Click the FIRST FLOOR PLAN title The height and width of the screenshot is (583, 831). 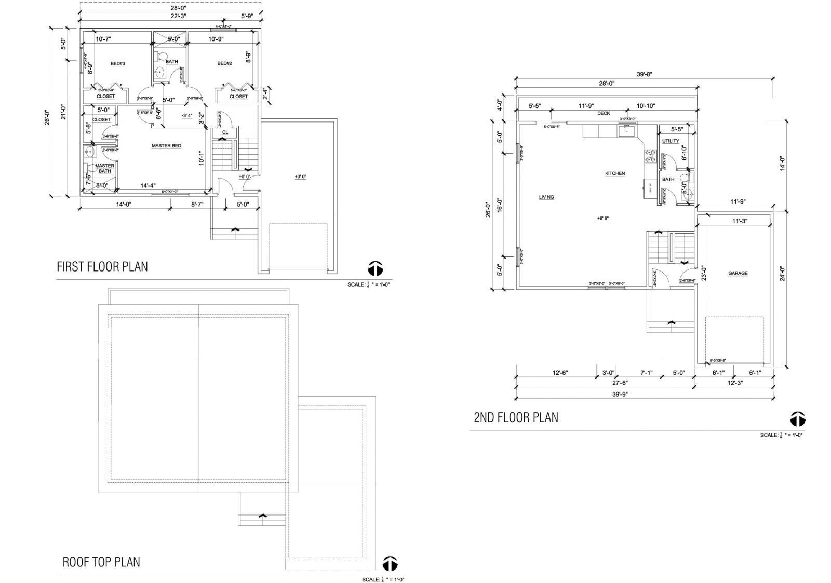[x=102, y=267]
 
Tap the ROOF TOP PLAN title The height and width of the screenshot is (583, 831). [x=101, y=562]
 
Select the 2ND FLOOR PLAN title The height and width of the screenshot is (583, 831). [x=516, y=417]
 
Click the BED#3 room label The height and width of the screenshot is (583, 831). [x=118, y=64]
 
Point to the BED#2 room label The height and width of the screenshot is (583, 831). [x=224, y=64]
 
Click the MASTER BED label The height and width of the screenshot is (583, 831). [x=166, y=146]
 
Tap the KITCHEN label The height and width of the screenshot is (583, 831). [x=614, y=173]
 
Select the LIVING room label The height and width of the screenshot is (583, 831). [x=546, y=197]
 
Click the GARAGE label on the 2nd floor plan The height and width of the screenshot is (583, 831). [x=738, y=273]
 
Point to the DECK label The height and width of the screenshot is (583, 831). [x=603, y=113]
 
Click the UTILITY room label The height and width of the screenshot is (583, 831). [x=671, y=141]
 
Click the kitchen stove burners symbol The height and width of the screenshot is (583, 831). [x=650, y=155]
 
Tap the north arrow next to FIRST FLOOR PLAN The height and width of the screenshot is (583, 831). [x=376, y=268]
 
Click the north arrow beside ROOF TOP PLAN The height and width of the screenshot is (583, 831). [x=390, y=563]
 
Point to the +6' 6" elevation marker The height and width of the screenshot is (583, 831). [x=602, y=219]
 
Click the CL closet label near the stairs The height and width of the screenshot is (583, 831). [x=225, y=132]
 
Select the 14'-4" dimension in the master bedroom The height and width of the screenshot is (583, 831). [x=148, y=185]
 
